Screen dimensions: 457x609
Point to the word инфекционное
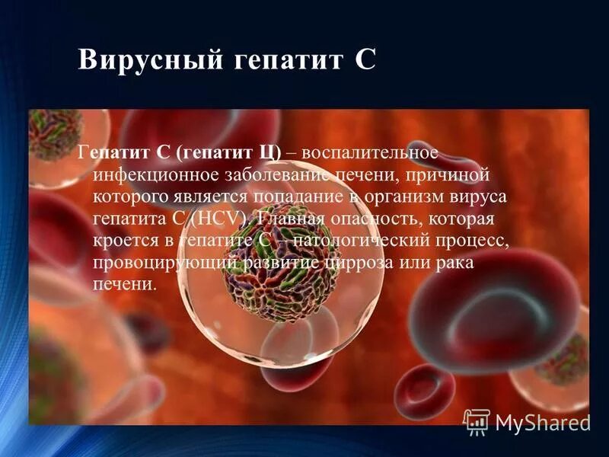pyautogui.click(x=155, y=174)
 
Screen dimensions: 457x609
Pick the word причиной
pyautogui.click(x=450, y=174)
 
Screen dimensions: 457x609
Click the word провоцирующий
pyautogui.click(x=166, y=263)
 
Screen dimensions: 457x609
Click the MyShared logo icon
pyautogui.click(x=477, y=420)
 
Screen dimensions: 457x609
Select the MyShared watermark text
pyautogui.click(x=542, y=423)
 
